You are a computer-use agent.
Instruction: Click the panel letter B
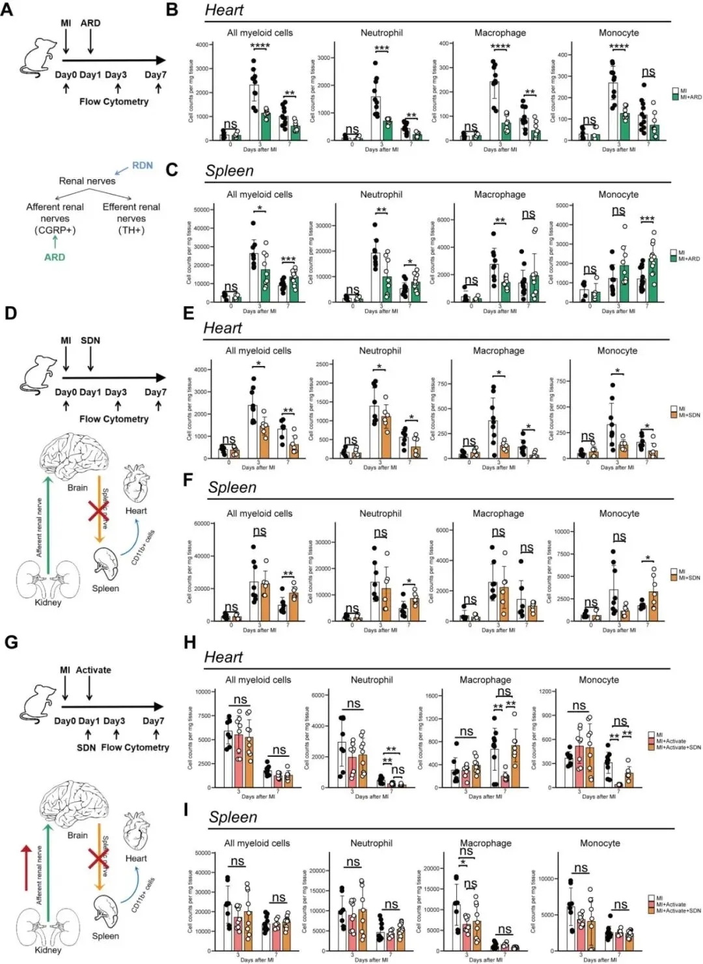[172, 10]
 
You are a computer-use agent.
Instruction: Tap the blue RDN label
[142, 165]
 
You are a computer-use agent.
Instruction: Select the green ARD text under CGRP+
[55, 257]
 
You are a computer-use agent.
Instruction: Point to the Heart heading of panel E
[223, 328]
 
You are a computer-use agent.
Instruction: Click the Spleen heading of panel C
[229, 171]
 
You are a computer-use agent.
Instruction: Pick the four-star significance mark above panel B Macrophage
[500, 46]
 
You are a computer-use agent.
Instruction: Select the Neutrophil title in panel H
[372, 680]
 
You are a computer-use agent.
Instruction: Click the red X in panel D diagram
[99, 512]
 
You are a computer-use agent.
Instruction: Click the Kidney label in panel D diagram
[48, 602]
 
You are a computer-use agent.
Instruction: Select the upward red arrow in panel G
[25, 867]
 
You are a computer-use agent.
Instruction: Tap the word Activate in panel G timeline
[93, 670]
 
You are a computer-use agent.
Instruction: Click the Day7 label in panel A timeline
[155, 75]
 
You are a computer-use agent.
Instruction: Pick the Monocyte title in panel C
[618, 194]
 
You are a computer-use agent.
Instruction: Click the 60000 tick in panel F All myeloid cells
[201, 524]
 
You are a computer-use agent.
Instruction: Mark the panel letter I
[186, 810]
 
